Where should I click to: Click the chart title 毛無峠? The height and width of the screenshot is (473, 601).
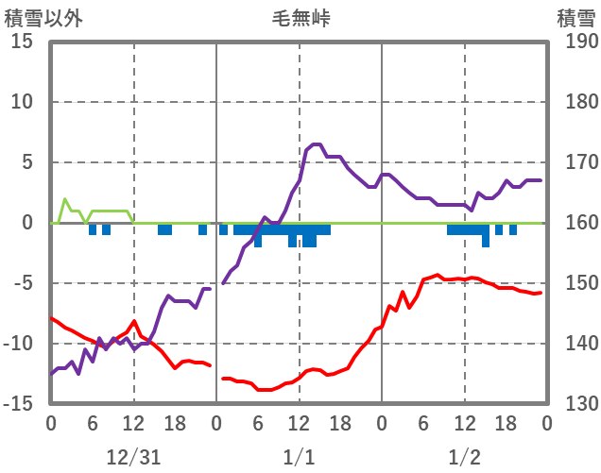pyautogui.click(x=300, y=18)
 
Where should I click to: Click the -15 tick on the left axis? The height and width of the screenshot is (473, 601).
pyautogui.click(x=19, y=404)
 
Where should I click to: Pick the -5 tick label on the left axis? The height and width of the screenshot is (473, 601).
pyautogui.click(x=23, y=283)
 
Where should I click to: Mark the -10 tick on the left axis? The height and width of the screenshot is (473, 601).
pyautogui.click(x=19, y=344)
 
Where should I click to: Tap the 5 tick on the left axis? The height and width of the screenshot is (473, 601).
pyautogui.click(x=27, y=162)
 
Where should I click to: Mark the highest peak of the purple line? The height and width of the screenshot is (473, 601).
pyautogui.click(x=316, y=144)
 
